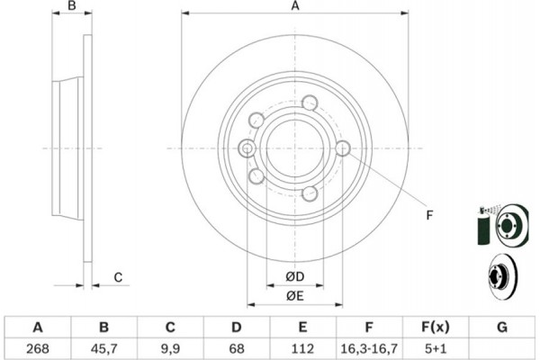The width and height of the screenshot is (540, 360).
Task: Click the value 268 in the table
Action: pyautogui.click(x=38, y=346)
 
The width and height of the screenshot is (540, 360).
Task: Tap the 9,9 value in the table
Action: pyautogui.click(x=170, y=346)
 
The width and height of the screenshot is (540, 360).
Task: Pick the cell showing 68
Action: pyautogui.click(x=236, y=346)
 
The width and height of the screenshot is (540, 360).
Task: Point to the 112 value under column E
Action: pyautogui.click(x=302, y=346)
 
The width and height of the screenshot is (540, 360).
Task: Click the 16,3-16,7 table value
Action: pyautogui.click(x=368, y=346)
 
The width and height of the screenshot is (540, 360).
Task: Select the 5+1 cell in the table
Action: pyautogui.click(x=435, y=346)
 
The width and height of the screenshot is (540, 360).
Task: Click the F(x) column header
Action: pyautogui.click(x=435, y=327)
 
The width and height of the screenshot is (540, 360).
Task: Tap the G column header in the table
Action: pyautogui.click(x=500, y=327)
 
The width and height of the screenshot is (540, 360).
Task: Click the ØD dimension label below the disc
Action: pyautogui.click(x=294, y=275)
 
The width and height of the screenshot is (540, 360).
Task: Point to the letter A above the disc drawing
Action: pyautogui.click(x=294, y=7)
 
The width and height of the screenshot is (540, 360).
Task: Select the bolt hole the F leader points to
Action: pyautogui.click(x=342, y=148)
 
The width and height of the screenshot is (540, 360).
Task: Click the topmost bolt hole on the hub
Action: pyautogui.click(x=310, y=102)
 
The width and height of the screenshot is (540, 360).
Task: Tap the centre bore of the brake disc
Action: pyautogui.click(x=293, y=148)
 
